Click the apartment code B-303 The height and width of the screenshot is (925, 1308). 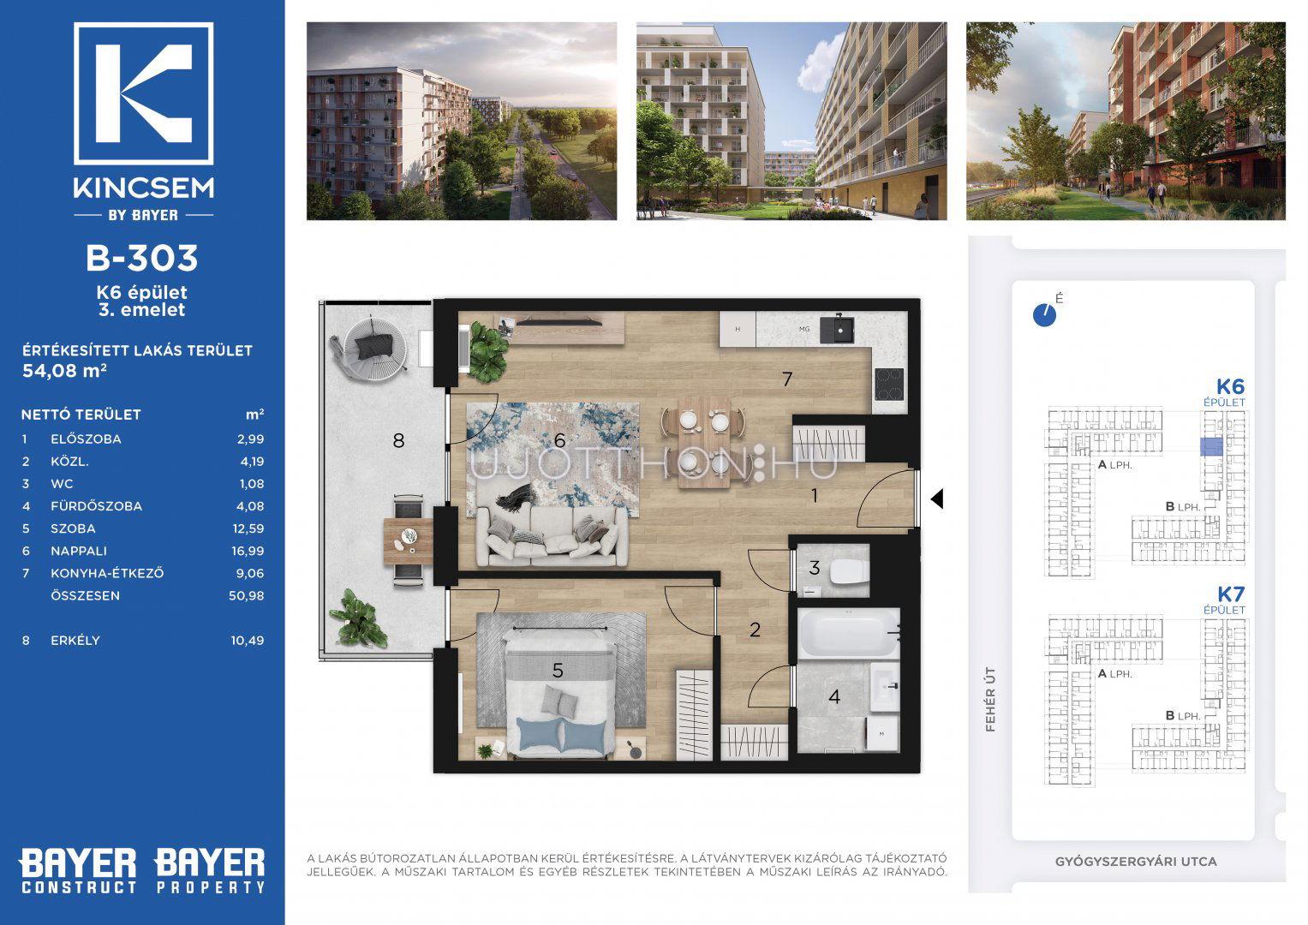[142, 258]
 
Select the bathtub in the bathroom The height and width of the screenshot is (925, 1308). [849, 634]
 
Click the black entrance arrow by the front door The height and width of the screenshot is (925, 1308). [936, 499]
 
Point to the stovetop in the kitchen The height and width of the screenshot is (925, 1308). [889, 385]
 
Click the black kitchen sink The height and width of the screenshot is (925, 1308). [837, 330]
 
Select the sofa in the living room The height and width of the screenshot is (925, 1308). [552, 536]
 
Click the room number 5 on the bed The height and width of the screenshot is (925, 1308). [558, 671]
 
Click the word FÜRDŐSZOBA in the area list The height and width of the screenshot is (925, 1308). [96, 505]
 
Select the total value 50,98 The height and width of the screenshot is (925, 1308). [247, 595]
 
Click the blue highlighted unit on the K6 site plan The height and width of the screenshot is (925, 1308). [1212, 447]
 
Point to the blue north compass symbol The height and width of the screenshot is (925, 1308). [1045, 315]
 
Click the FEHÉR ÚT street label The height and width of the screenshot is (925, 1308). [990, 700]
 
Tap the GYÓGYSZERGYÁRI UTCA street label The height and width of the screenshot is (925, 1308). [1137, 862]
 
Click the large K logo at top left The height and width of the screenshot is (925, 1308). [144, 93]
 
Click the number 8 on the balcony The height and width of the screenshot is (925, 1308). [399, 440]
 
